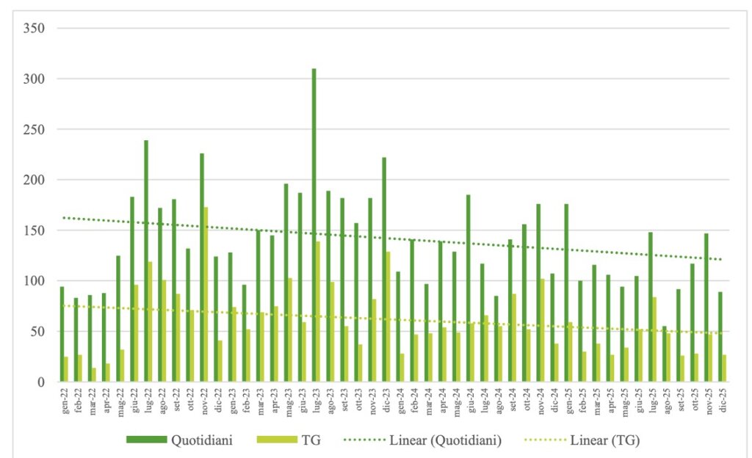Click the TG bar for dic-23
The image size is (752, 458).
coord(388,316)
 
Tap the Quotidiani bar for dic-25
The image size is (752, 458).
coord(720,337)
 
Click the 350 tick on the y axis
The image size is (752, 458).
coord(35,29)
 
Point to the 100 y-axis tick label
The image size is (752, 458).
coord(35,281)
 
